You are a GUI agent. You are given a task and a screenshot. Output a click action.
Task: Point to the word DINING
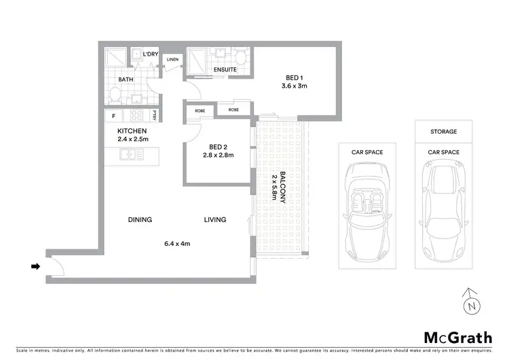coord(140,219)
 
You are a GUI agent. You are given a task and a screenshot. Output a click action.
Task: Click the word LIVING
coord(215,219)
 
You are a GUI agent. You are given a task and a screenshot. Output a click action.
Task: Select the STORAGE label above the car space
coord(443,132)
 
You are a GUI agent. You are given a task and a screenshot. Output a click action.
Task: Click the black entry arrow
coord(35,267)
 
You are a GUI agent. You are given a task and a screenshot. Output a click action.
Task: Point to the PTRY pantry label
coord(155,115)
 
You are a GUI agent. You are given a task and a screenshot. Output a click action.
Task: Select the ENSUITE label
coord(224,69)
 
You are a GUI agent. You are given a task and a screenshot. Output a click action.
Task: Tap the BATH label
coord(126,79)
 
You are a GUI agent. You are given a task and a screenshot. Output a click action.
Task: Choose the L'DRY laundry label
coord(151,53)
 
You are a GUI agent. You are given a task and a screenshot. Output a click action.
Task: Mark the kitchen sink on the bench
coord(128,156)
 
